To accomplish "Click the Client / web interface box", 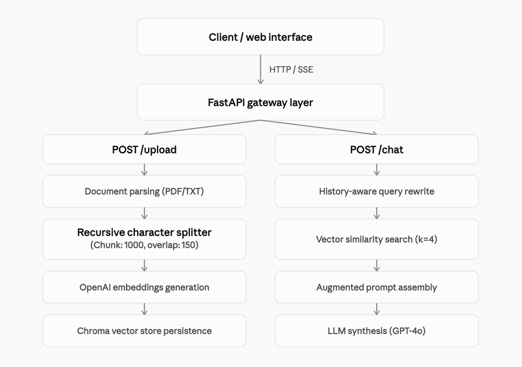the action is click(x=260, y=37).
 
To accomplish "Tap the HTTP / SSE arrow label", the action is click(x=291, y=70).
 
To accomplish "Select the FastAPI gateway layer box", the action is click(x=260, y=102).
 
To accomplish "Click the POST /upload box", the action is click(x=144, y=149).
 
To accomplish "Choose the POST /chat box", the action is click(x=377, y=149).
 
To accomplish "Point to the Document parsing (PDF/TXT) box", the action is click(x=144, y=191).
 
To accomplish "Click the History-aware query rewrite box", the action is click(x=377, y=191).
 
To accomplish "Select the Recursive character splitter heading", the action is click(x=144, y=232).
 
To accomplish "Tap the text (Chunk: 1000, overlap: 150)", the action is click(x=144, y=245).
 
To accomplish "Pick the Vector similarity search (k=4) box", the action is click(x=377, y=239).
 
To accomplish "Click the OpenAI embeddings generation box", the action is click(x=144, y=287).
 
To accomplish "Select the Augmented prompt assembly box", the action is click(x=377, y=287).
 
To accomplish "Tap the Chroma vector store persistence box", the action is click(x=144, y=331).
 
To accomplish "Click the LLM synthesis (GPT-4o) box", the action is click(x=377, y=331).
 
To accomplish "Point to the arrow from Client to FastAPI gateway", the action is click(x=261, y=69).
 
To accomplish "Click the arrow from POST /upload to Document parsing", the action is click(x=144, y=170).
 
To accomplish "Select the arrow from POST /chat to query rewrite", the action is click(x=377, y=170).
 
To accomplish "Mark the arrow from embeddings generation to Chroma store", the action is click(x=144, y=309).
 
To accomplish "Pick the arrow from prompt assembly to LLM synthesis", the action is click(x=377, y=309).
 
